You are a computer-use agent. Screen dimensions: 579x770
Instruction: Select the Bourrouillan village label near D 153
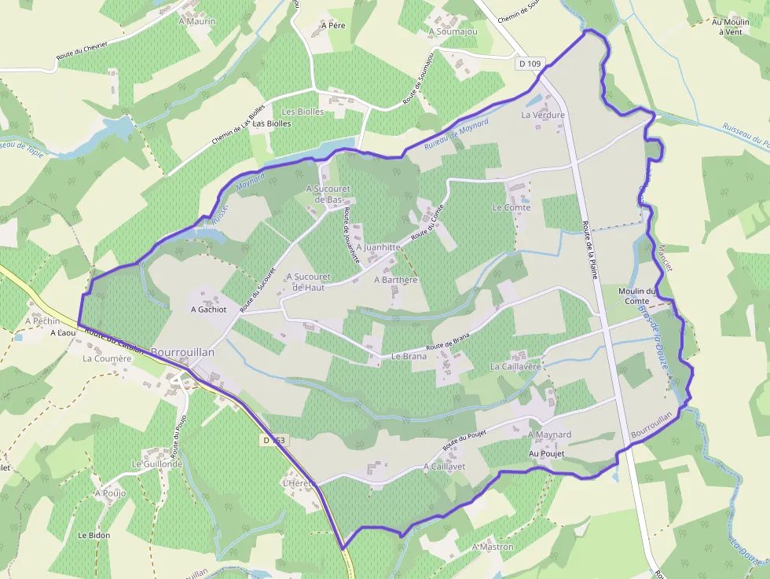click(182, 353)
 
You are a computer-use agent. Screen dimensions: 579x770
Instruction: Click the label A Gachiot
click(209, 310)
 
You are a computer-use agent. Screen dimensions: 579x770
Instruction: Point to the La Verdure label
click(543, 115)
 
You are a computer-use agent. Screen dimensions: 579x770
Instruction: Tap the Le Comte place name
click(511, 207)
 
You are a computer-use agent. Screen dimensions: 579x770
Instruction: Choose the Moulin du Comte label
click(636, 296)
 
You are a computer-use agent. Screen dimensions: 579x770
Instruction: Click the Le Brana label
click(409, 356)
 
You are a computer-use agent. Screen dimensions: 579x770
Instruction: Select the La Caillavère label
click(517, 366)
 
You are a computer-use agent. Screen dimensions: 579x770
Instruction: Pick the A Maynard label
click(549, 434)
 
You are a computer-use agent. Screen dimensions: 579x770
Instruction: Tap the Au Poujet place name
click(547, 454)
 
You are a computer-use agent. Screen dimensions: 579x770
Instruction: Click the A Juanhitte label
click(379, 247)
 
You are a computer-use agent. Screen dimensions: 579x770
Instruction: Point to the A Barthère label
click(395, 280)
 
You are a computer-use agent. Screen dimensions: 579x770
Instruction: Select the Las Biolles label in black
click(271, 123)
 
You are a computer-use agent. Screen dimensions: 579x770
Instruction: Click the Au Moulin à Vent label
click(727, 27)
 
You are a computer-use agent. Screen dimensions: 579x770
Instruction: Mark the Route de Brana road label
click(448, 344)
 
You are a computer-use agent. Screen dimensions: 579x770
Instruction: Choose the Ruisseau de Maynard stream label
click(456, 134)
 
